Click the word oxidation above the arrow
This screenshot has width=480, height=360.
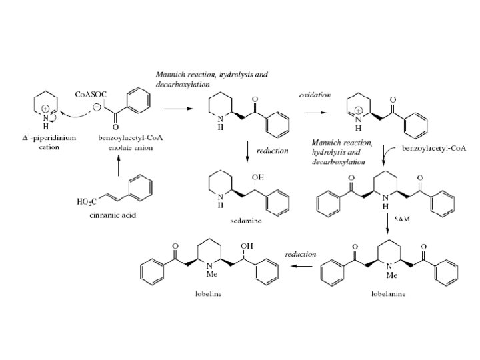pyautogui.click(x=315, y=95)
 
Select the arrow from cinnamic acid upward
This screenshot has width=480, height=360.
pyautogui.click(x=119, y=163)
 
